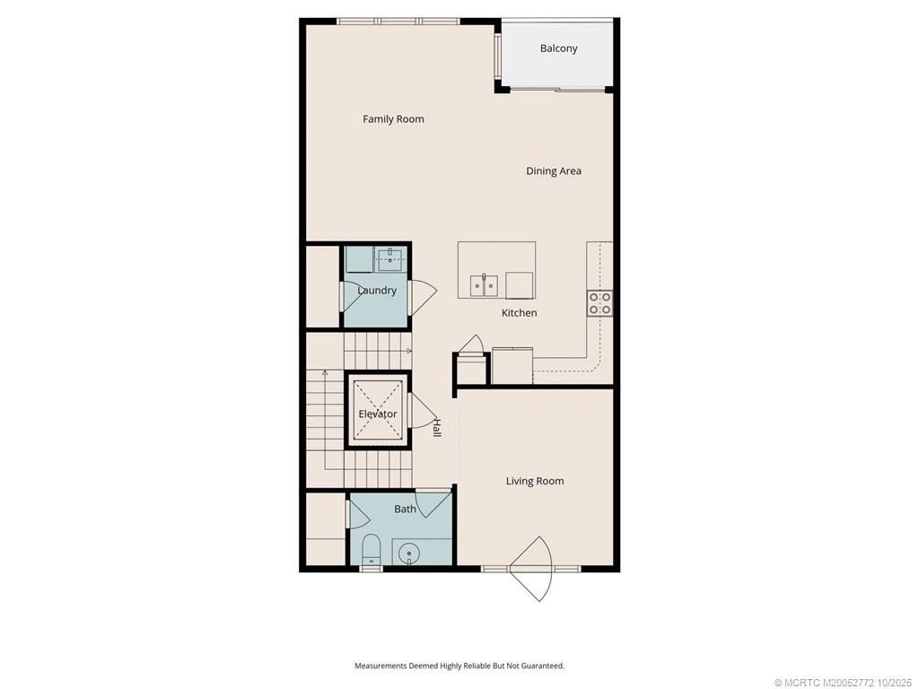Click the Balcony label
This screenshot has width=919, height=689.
click(x=558, y=48)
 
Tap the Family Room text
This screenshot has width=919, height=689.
click(x=393, y=119)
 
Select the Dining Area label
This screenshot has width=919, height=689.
click(x=553, y=171)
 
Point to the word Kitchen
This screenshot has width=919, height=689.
click(x=519, y=313)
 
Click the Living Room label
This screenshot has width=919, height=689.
click(x=535, y=482)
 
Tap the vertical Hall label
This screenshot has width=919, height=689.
click(x=437, y=429)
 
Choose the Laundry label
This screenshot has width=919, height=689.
click(x=376, y=291)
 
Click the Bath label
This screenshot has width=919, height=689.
click(x=405, y=510)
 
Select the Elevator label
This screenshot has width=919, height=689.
click(x=378, y=414)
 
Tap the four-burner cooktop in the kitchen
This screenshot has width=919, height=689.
click(x=600, y=303)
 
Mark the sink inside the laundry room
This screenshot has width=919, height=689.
click(x=389, y=260)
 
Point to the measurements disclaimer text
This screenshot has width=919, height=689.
click(x=459, y=666)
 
